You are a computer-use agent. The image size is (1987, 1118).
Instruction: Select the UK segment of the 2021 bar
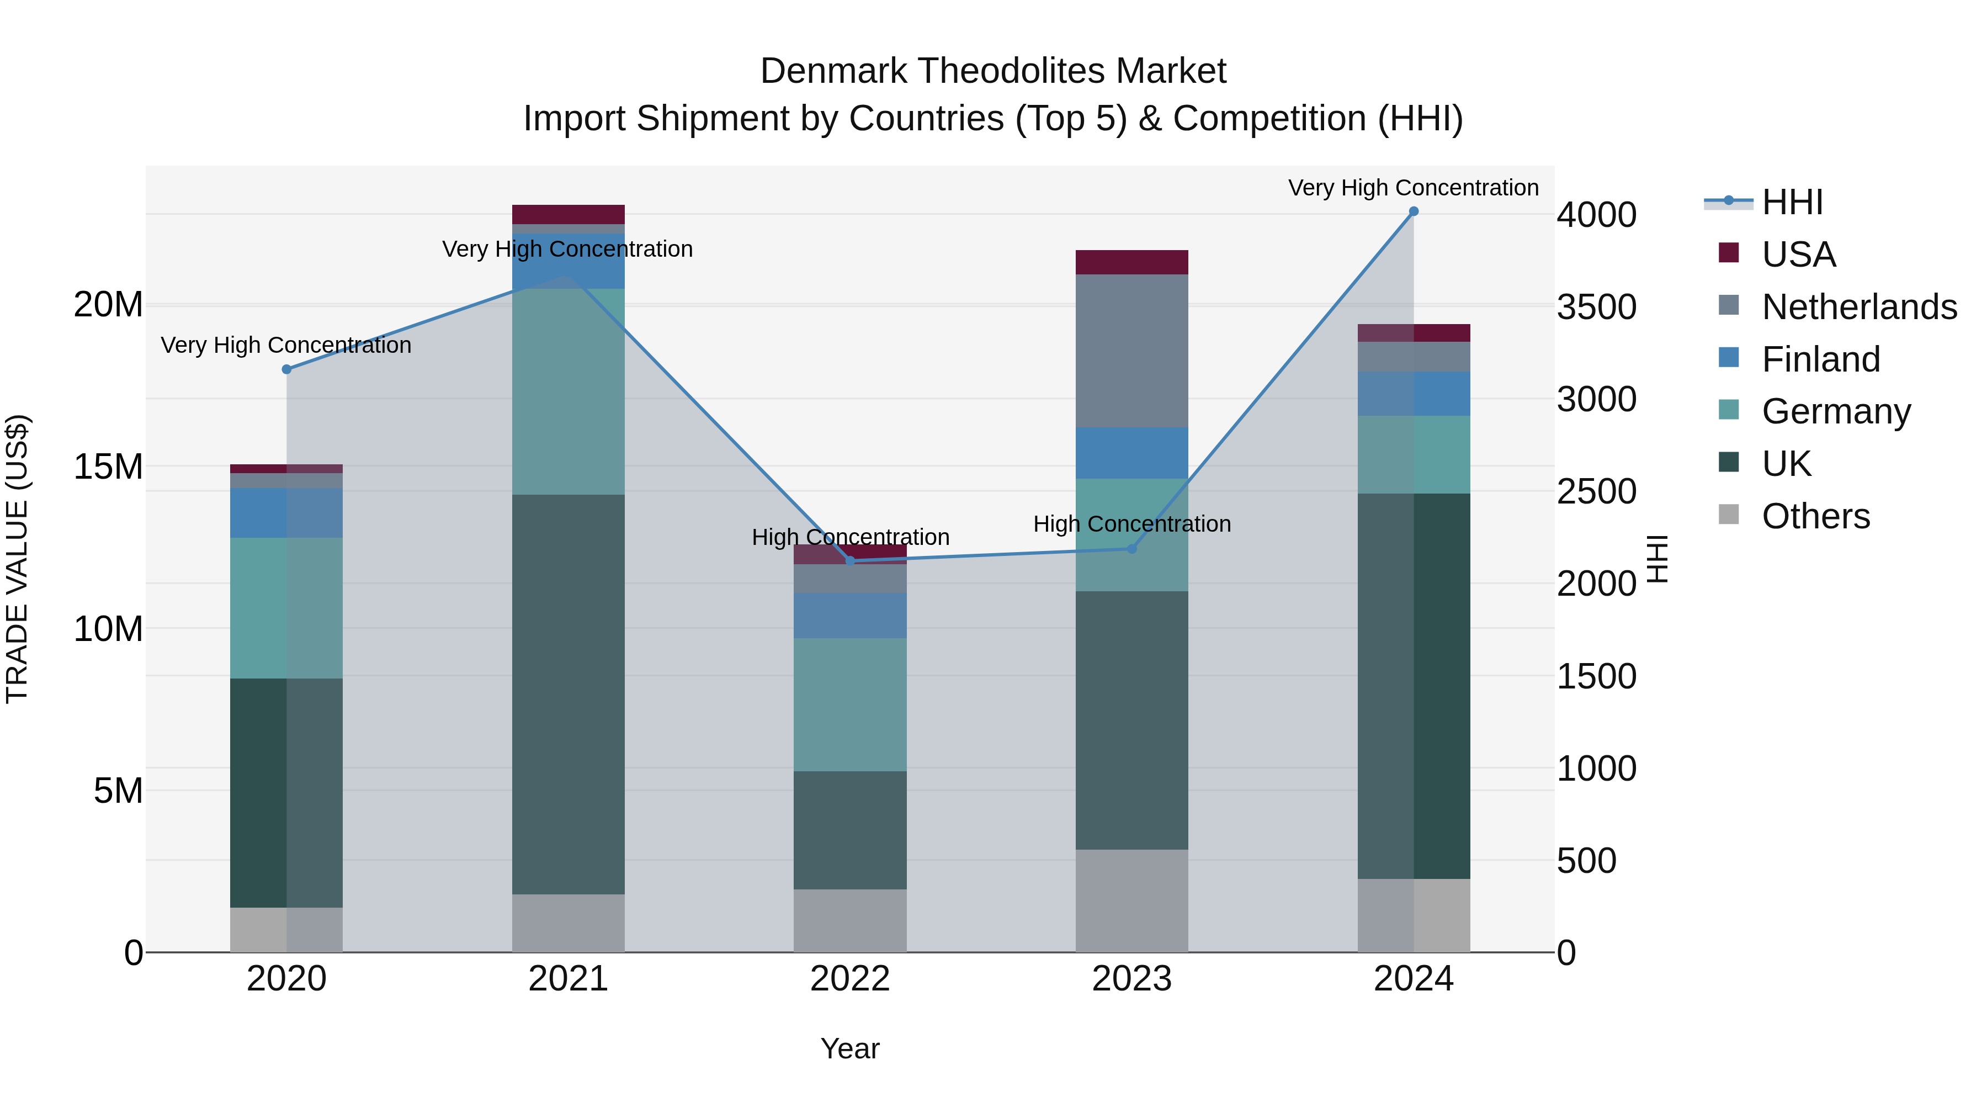point(568,695)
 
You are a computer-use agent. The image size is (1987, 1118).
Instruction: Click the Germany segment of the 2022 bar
point(850,704)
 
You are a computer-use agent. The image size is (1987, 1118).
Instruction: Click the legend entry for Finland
point(1820,359)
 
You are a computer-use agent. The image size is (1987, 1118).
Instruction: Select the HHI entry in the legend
point(1791,202)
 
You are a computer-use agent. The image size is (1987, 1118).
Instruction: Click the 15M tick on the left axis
point(108,467)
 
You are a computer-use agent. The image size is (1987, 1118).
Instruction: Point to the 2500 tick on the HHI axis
point(1596,491)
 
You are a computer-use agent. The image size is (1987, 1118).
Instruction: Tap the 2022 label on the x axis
point(850,979)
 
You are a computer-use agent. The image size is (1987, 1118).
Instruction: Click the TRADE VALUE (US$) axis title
point(17,559)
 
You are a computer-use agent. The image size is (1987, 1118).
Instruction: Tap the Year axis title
point(850,1048)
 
